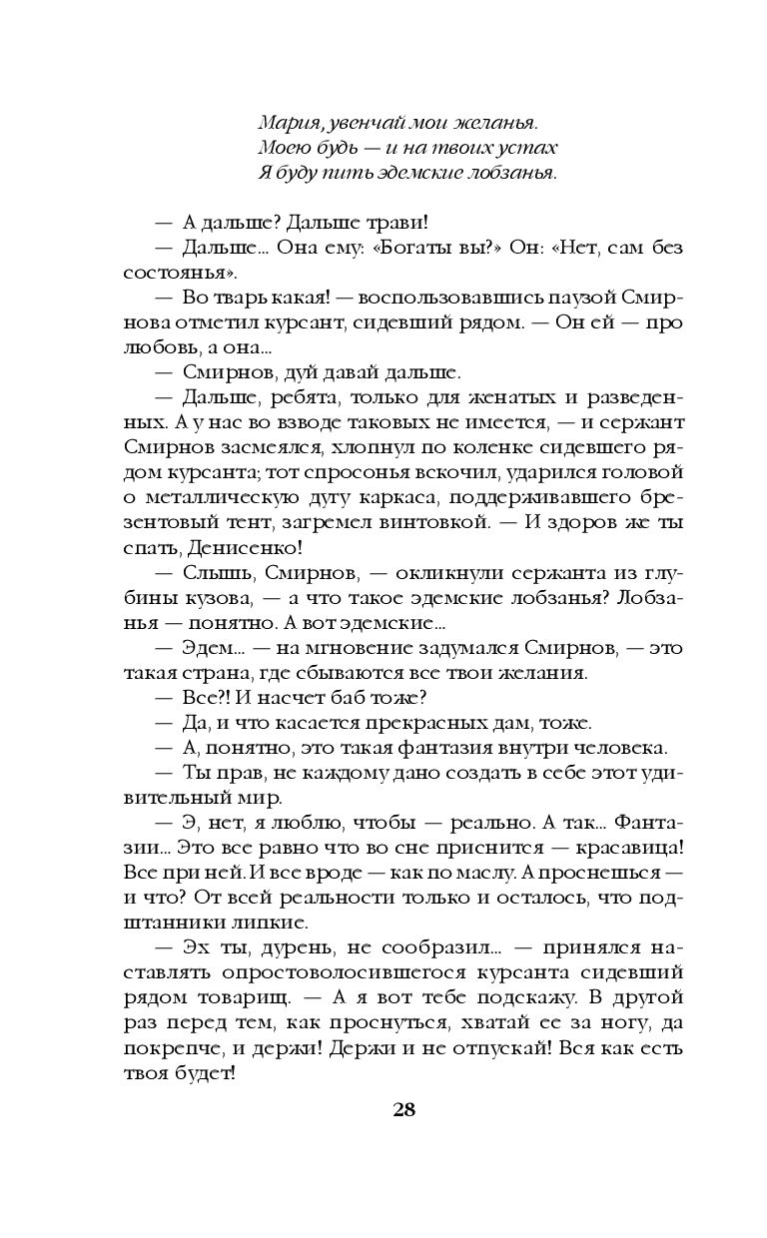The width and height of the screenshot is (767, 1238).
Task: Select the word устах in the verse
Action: point(529,148)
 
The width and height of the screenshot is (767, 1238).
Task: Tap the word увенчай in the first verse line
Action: point(355,124)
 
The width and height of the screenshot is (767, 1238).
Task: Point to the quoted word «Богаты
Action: point(441,247)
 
